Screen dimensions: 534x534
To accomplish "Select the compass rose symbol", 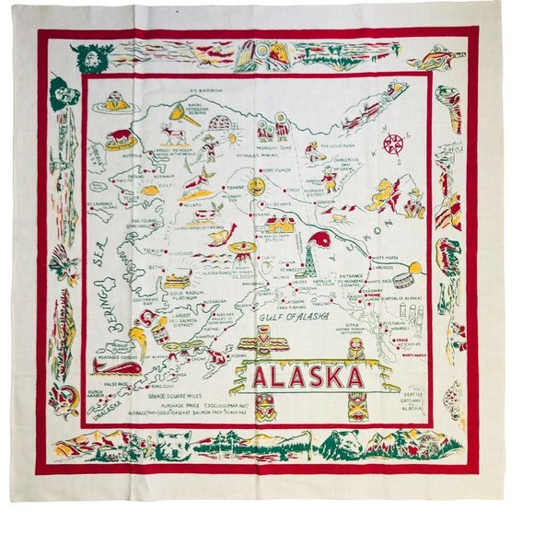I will (395, 145).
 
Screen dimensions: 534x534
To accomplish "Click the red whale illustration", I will (117, 368).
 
